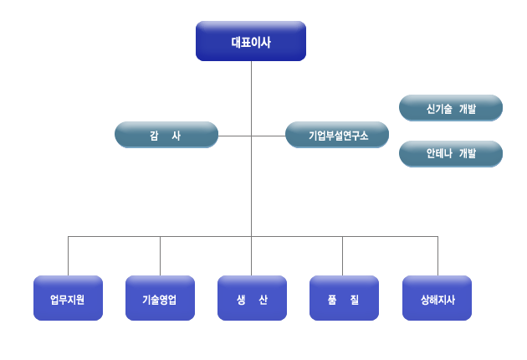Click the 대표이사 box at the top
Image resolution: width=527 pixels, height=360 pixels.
coord(251,41)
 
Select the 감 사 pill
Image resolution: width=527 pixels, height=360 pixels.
coord(166,135)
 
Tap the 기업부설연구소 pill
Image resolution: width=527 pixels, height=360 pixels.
coord(337,135)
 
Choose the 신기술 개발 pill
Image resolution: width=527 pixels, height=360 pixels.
coord(451,108)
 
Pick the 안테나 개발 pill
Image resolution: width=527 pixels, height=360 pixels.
coord(451,154)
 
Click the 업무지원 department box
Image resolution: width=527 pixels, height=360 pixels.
coord(68,299)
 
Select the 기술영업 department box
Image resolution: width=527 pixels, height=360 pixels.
coord(160,299)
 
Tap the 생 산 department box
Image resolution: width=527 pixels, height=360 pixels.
coord(252,299)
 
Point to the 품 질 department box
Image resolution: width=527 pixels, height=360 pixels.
coord(344,299)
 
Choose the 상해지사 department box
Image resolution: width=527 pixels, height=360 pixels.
coord(437,299)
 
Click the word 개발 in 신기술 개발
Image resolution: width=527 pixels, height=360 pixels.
coord(468,108)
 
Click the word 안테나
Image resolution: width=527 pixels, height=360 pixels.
coord(439,154)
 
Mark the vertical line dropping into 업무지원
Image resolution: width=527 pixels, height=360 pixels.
coord(68,255)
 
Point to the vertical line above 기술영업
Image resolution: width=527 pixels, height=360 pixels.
coord(160,255)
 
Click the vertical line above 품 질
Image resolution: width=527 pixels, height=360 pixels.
coord(342,255)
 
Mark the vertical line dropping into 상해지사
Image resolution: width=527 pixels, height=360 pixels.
coord(437,255)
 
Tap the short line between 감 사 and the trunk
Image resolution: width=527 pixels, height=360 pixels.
coord(234,135)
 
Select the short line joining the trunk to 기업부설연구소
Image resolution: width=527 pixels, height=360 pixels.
coord(268,135)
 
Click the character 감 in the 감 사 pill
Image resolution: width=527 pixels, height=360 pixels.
coord(155,135)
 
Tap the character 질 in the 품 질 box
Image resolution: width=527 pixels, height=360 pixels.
coord(355,299)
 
